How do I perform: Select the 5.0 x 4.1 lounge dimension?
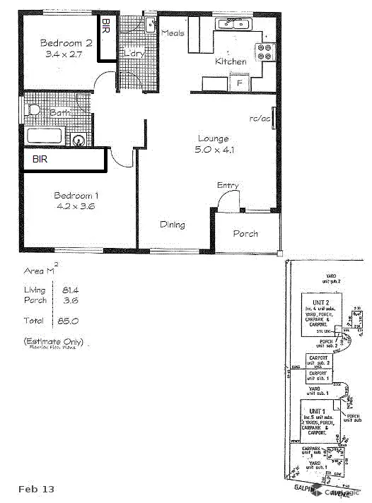click(216, 150)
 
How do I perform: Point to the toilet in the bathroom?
click(32, 110)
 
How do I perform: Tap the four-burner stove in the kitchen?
click(265, 51)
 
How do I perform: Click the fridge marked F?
click(240, 83)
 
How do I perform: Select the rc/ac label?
click(259, 118)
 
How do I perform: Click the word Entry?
click(228, 185)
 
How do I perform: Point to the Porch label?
click(245, 233)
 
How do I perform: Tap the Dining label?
click(172, 225)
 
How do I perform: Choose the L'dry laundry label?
click(134, 52)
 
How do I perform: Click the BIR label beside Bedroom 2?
click(105, 27)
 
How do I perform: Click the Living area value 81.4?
click(69, 290)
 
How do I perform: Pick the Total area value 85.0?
click(69, 320)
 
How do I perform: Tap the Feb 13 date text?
click(36, 489)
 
